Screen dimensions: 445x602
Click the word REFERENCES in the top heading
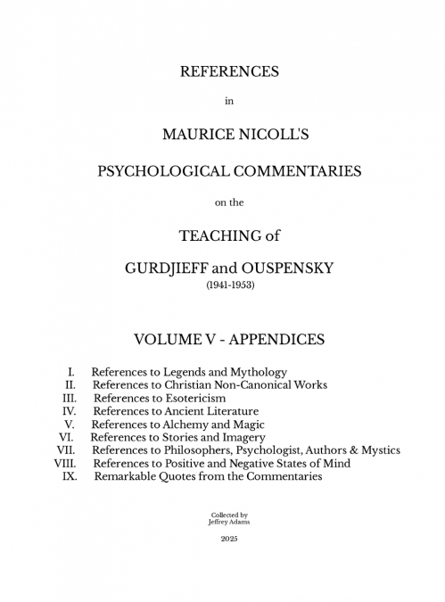coord(229,70)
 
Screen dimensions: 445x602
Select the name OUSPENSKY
coord(299,268)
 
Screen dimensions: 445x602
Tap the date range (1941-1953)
coord(229,287)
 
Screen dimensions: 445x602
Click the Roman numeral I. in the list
coord(70,371)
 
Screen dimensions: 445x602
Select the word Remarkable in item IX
coord(125,477)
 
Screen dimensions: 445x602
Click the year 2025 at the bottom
coord(229,540)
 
